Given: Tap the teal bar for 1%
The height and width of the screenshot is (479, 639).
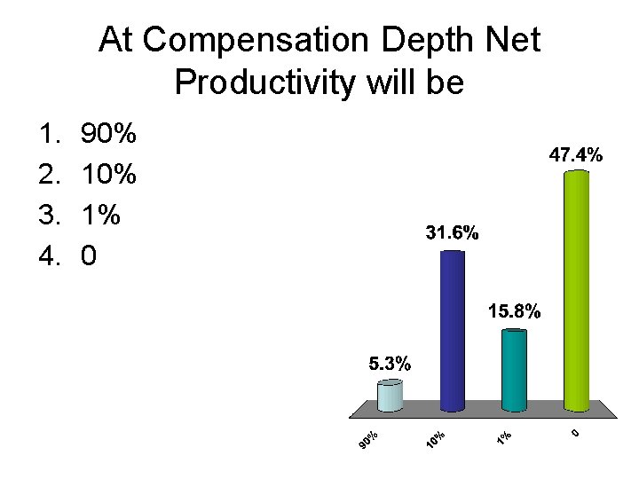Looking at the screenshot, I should coord(514,370).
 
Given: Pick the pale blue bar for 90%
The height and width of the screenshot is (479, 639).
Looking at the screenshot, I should coord(390,396).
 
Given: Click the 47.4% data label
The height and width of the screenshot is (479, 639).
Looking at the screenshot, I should coord(576,155).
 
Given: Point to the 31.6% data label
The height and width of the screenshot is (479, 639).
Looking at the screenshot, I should coord(453,234).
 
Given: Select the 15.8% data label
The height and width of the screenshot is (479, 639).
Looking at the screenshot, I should coord(514,312).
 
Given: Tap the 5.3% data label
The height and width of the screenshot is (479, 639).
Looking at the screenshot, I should coord(390,363).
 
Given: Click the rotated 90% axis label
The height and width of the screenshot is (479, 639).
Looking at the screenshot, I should coord(369,439).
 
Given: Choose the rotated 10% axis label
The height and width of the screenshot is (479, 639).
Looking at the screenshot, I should coord(435,439).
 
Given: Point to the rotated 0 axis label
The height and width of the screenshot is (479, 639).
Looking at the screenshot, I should coord(575,433).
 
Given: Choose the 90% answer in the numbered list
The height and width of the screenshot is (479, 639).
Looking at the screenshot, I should coord(108,135).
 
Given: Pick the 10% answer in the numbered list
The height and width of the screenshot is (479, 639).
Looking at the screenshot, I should coord(108,175).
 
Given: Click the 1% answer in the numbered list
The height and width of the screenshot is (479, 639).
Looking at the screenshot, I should coord(99,216).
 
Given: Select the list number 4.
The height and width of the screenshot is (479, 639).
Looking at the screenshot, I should coord(48,256).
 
